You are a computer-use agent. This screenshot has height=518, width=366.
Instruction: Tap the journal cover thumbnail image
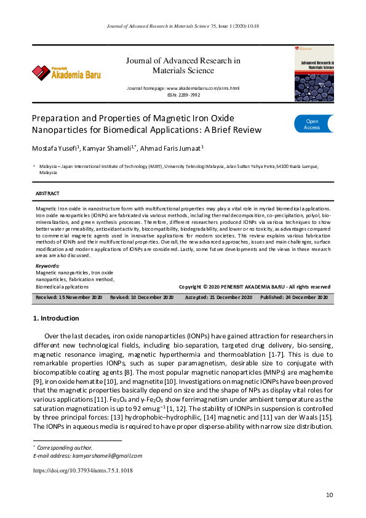pyautogui.click(x=314, y=74)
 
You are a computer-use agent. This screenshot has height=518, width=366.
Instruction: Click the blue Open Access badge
pyautogui.click(x=314, y=124)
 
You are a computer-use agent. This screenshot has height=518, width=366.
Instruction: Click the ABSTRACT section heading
pyautogui.click(x=47, y=194)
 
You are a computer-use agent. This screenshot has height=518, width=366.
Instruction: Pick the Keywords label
pyautogui.click(x=48, y=266)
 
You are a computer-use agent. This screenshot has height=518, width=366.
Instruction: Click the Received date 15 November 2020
pyautogui.click(x=69, y=297)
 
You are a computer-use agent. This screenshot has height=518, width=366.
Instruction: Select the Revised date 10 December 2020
pyautogui.click(x=142, y=297)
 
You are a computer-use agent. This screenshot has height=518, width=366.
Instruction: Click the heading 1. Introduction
pyautogui.click(x=55, y=318)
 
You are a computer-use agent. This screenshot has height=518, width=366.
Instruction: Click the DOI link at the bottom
pyautogui.click(x=82, y=471)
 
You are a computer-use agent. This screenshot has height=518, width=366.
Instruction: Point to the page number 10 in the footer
pyautogui.click(x=330, y=495)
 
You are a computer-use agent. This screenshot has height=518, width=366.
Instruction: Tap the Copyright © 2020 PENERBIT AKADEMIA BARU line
pyautogui.click(x=254, y=287)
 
